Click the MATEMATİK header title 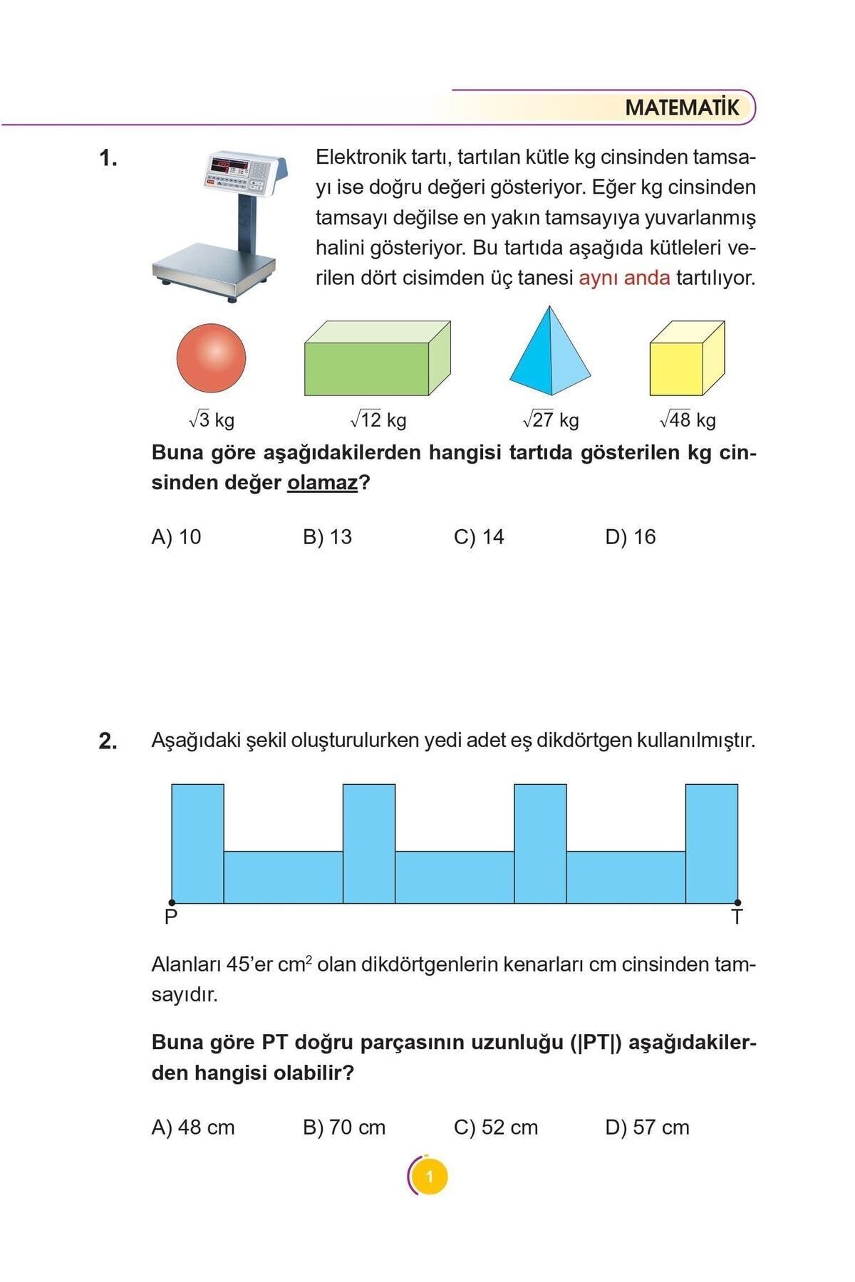[682, 108]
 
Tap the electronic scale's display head [245, 172]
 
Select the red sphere [211, 358]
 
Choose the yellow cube [685, 360]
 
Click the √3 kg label [212, 419]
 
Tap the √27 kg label [551, 419]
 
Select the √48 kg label [688, 419]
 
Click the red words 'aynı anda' [624, 278]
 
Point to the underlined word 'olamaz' [322, 483]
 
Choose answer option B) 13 [327, 537]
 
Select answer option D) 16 [630, 537]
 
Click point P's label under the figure [171, 917]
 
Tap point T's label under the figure [737, 917]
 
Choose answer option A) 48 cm [193, 1127]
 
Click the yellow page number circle [429, 1177]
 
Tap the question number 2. [108, 741]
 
